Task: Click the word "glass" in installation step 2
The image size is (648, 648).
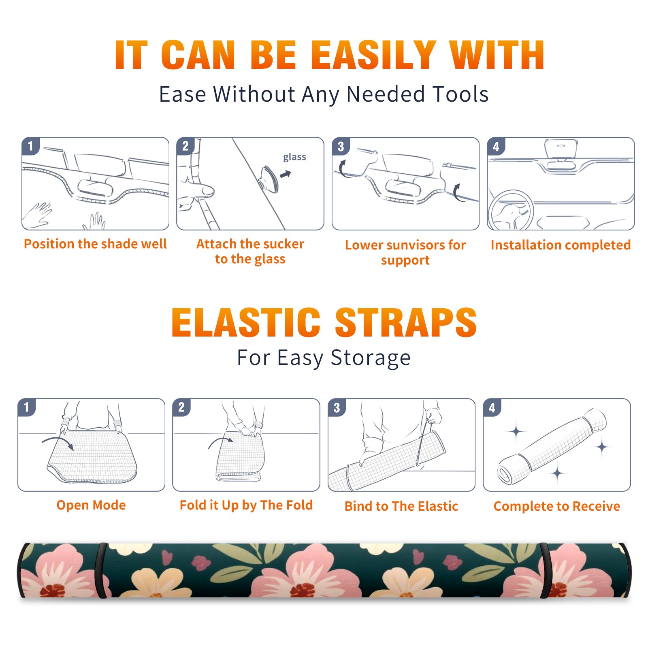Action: tap(294, 157)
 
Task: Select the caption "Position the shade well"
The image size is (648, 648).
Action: tap(95, 244)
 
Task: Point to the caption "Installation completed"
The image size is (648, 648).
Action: tap(561, 245)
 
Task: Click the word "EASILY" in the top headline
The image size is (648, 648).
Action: tap(373, 55)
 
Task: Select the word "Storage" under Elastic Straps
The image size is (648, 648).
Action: tap(371, 358)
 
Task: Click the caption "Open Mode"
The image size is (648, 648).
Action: tap(91, 505)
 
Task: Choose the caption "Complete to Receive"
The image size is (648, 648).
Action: tap(557, 506)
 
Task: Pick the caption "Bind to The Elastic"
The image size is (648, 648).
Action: tap(401, 506)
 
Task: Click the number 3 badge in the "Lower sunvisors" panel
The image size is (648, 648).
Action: tap(341, 146)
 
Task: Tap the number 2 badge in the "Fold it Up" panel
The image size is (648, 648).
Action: tap(181, 407)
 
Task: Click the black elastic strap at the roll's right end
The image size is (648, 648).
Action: tap(545, 570)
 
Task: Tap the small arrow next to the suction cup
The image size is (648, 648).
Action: tap(286, 174)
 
